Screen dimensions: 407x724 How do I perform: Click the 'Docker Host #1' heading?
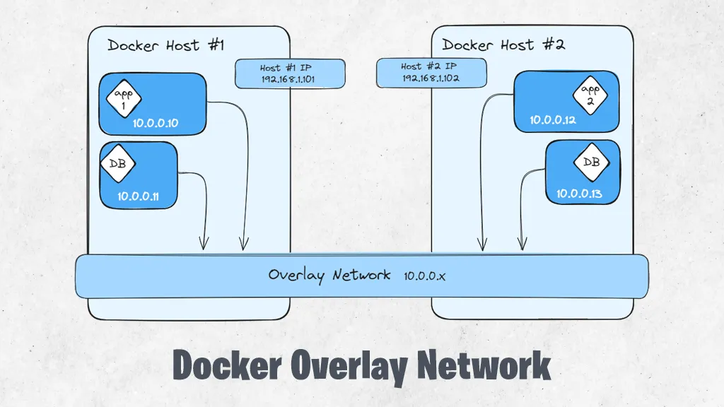click(165, 46)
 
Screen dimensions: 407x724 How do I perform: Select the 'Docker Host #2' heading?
click(503, 45)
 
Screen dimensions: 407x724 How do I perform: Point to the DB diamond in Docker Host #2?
click(591, 162)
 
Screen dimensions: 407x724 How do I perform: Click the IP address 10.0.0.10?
click(155, 124)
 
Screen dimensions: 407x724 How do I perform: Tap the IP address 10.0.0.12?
click(553, 120)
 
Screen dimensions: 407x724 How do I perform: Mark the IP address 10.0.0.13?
click(579, 194)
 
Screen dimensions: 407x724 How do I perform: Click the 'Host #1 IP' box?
click(290, 73)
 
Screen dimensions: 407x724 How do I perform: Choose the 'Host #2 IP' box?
click(431, 72)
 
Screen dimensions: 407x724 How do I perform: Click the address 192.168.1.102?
click(431, 78)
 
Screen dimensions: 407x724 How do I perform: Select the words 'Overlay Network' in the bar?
click(329, 275)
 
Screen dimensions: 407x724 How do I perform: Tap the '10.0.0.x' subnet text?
click(425, 276)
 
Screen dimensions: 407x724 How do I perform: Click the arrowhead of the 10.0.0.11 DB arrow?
click(204, 245)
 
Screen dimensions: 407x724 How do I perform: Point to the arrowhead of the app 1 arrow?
click(244, 245)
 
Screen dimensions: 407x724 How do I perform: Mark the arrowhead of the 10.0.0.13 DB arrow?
click(522, 245)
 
